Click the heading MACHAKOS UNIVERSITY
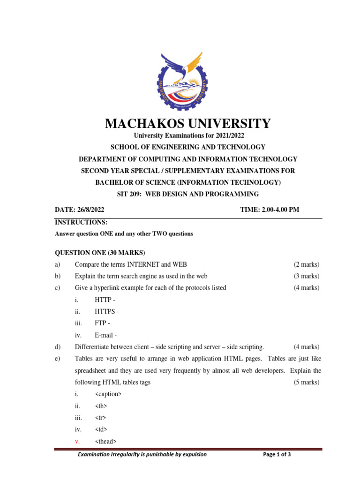[x=188, y=124]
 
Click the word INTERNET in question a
[x=143, y=265]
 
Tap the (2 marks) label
[x=307, y=265]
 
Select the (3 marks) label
[x=307, y=276]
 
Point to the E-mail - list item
[x=106, y=335]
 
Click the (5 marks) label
[x=307, y=382]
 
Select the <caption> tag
[x=108, y=394]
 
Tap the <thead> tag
[x=106, y=441]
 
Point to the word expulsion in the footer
[x=192, y=454]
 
